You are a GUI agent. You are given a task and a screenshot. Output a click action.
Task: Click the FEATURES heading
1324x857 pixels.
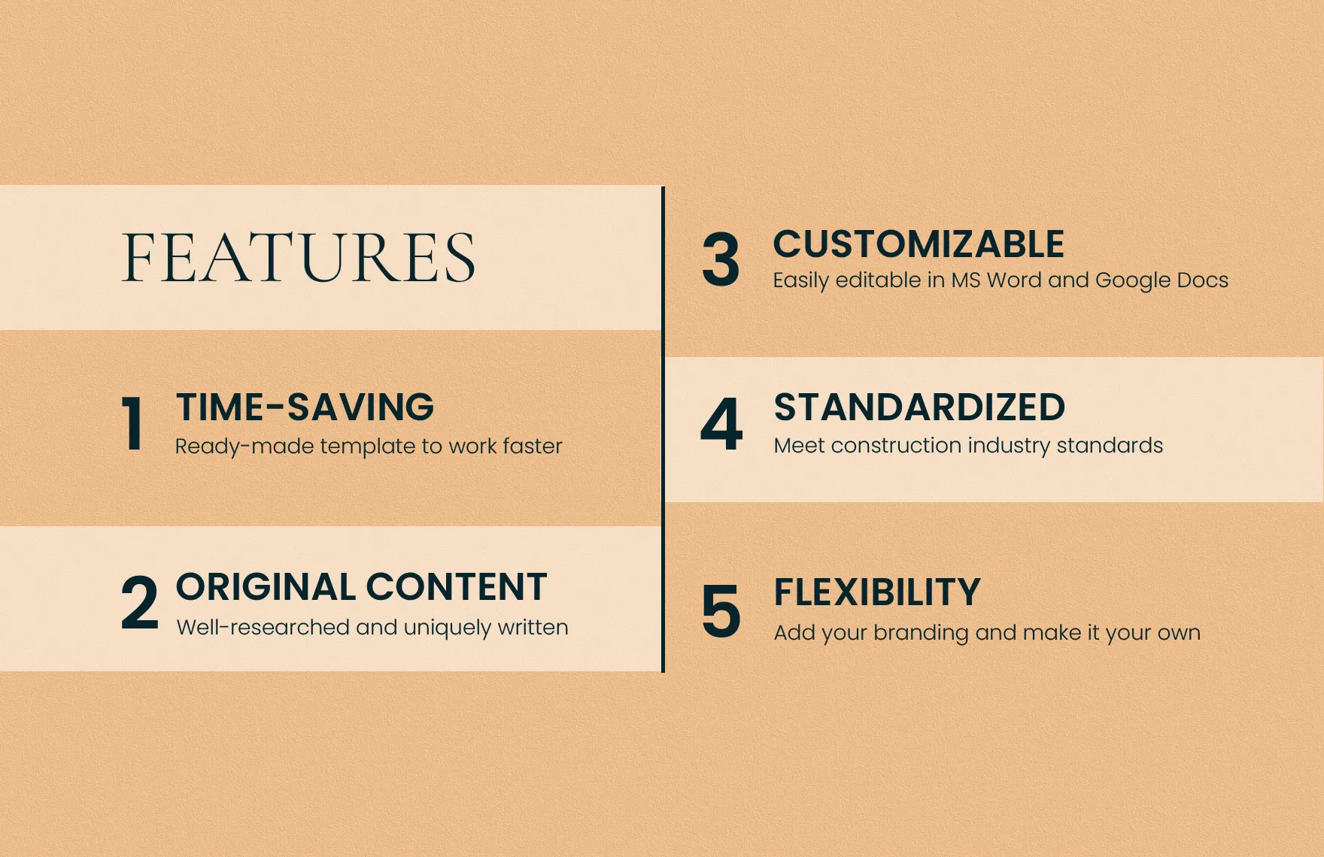[299, 258]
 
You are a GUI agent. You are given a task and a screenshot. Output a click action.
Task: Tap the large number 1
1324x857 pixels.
[133, 424]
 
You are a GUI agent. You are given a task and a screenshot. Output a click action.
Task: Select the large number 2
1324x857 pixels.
[140, 602]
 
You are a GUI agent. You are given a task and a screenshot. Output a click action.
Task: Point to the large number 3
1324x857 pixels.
[721, 260]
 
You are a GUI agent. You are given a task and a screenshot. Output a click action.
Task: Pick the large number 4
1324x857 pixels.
[721, 424]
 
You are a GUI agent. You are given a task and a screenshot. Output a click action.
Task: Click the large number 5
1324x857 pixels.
[721, 611]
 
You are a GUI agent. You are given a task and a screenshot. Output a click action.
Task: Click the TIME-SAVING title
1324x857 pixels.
[305, 407]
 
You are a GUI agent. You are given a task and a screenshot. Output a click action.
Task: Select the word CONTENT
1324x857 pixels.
[457, 587]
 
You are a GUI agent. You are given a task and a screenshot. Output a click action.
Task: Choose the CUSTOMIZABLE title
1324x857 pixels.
[919, 244]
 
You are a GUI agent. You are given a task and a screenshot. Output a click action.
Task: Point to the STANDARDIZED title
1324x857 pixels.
[919, 407]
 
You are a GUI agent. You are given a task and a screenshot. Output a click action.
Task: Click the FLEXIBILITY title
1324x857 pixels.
[877, 592]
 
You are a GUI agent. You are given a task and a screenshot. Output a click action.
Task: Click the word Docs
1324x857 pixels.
[1203, 280]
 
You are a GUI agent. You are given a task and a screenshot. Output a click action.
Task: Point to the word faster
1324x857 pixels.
[533, 446]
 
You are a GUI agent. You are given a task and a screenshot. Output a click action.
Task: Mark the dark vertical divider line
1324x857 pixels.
[663, 429]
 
